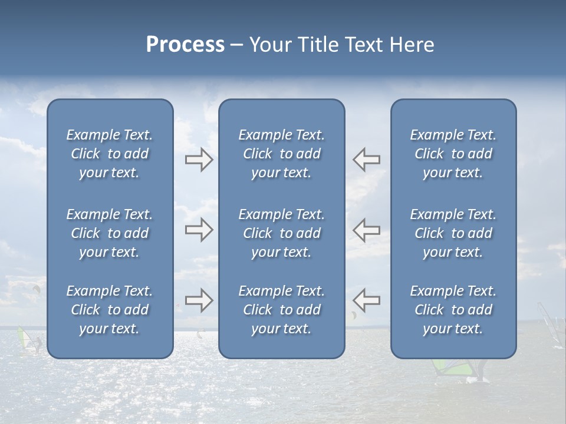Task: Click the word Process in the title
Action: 185,45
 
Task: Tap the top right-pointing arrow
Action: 199,160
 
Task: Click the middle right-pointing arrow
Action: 199,230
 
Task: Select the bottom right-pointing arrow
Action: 199,300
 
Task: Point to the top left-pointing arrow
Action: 366,160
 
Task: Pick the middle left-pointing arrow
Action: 366,230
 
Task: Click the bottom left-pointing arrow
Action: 366,300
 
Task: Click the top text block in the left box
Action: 110,154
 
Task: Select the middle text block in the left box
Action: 110,233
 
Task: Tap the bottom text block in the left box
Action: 110,310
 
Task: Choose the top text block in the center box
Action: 282,154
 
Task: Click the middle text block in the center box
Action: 282,233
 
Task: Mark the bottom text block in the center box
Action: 282,310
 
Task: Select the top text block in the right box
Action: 453,154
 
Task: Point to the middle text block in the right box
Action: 453,233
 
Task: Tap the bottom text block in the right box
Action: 453,310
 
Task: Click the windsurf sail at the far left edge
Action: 22,338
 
